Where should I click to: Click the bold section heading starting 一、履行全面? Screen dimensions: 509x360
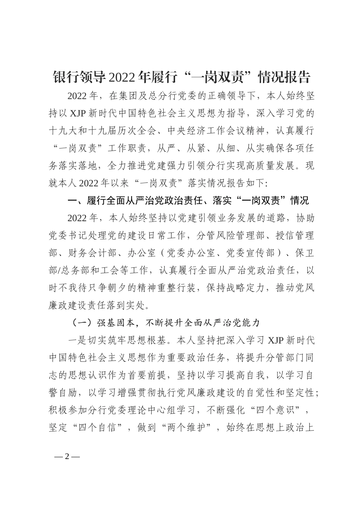pyautogui.click(x=188, y=201)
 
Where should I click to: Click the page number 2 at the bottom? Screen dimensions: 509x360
pyautogui.click(x=67, y=456)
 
